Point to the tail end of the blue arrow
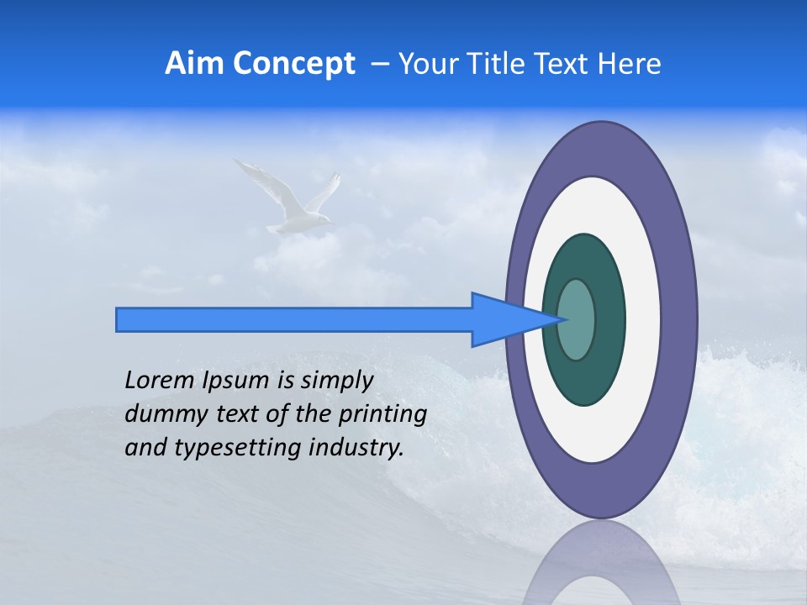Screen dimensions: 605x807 [x=119, y=319]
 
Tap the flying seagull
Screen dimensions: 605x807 [x=294, y=202]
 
